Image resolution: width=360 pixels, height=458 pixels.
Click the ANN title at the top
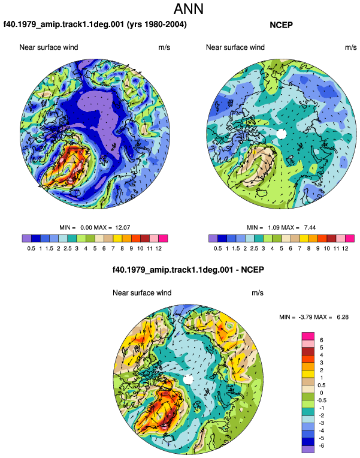point(188,9)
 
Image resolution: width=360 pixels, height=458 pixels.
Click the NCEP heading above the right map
point(281,25)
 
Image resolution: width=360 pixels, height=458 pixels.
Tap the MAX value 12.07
point(123,228)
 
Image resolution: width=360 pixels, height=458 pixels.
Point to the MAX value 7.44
point(310,228)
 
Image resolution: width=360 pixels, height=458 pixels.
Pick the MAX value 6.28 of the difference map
point(343,317)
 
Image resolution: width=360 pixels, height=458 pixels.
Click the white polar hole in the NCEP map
point(282,134)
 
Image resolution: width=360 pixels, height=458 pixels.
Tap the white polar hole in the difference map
point(188,379)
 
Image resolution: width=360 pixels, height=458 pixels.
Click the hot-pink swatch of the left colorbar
point(163,239)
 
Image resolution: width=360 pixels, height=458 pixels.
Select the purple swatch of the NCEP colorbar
point(213,239)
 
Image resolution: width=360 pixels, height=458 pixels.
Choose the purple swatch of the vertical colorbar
point(308,449)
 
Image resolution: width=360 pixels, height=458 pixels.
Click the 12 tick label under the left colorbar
point(159,249)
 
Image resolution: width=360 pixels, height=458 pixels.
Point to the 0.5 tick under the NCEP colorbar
point(218,249)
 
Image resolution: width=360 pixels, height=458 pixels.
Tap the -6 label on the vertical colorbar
point(321,446)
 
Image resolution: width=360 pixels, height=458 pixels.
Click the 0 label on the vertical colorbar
point(322,393)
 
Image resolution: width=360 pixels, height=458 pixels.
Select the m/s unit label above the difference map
point(258,293)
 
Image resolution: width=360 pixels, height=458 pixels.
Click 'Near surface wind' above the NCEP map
point(235,47)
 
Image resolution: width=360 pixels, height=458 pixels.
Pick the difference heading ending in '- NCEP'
point(188,270)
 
